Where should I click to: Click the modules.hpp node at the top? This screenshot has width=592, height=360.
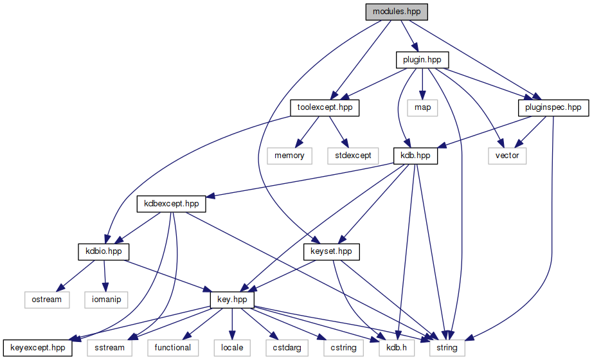396,12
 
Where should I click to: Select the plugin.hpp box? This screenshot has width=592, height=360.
421,60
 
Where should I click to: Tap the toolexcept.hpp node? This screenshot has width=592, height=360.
324,107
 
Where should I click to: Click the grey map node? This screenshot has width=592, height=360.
422,107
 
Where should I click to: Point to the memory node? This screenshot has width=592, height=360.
289,156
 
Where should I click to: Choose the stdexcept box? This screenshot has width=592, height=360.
349,156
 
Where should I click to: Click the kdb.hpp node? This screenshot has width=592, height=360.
415,156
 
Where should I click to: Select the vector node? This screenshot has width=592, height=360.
507,156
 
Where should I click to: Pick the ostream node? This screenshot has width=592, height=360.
47,300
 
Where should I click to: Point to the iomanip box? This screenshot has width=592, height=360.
106,300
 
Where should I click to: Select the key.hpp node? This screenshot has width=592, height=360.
233,300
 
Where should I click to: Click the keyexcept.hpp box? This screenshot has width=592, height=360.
37,348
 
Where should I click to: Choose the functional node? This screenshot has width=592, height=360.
172,348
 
